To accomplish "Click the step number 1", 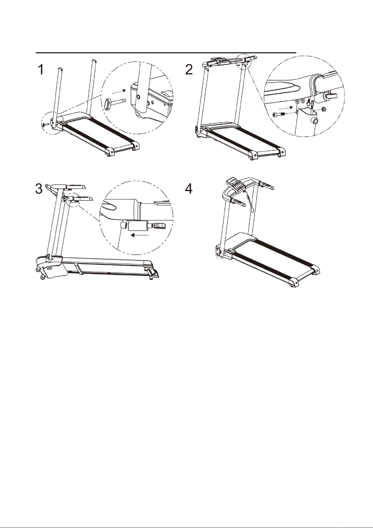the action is point(41,70).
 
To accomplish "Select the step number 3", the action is point(39,189).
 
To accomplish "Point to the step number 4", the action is point(189,189).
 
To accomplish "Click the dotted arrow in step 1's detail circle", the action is point(119,91).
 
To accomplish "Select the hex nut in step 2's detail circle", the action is point(323,109).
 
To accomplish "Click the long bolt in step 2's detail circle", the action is point(278,115).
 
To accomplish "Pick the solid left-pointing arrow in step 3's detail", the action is point(140,235).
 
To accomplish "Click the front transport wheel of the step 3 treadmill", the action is point(42,278).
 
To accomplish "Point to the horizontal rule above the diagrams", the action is point(166,53).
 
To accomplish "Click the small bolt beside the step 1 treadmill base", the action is point(45,125).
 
